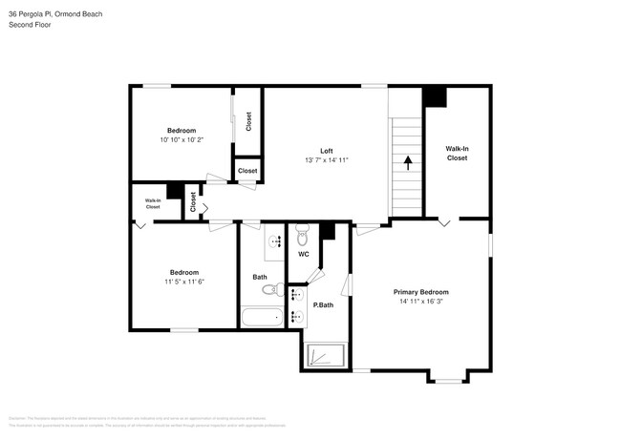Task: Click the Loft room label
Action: [x=326, y=151]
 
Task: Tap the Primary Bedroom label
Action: [x=421, y=292]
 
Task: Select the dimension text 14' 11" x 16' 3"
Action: [x=421, y=302]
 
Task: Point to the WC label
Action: [x=303, y=255]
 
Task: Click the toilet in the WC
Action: [x=303, y=233]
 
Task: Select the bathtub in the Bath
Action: [x=260, y=319]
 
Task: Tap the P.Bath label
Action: [x=323, y=305]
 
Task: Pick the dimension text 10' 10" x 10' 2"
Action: [x=182, y=140]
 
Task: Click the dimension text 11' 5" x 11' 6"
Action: [x=184, y=282]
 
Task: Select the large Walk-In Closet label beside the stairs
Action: [x=457, y=154]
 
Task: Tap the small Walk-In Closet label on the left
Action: [x=153, y=203]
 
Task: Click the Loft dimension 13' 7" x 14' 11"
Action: [x=326, y=160]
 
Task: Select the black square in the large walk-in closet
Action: [x=435, y=96]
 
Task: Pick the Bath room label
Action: [x=260, y=278]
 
